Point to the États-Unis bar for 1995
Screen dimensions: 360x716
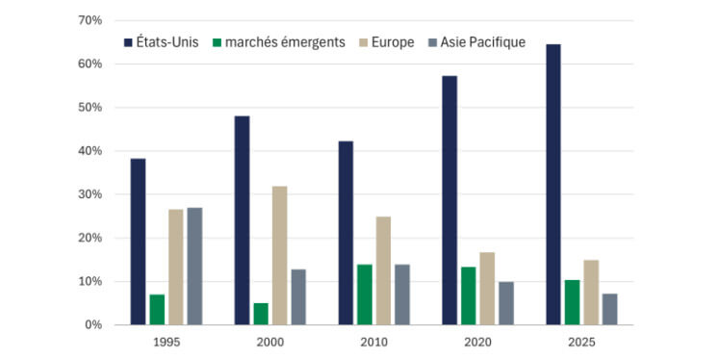[138, 242]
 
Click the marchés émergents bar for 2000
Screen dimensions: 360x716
[260, 314]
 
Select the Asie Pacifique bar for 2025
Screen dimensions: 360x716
[609, 309]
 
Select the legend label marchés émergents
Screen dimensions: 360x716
[286, 42]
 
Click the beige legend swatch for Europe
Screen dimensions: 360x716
[365, 42]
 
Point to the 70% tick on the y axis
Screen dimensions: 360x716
[90, 20]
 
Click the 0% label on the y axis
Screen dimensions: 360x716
[93, 325]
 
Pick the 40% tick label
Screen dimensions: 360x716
[90, 151]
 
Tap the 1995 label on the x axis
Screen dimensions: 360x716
[166, 342]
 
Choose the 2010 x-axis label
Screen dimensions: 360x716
[373, 342]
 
